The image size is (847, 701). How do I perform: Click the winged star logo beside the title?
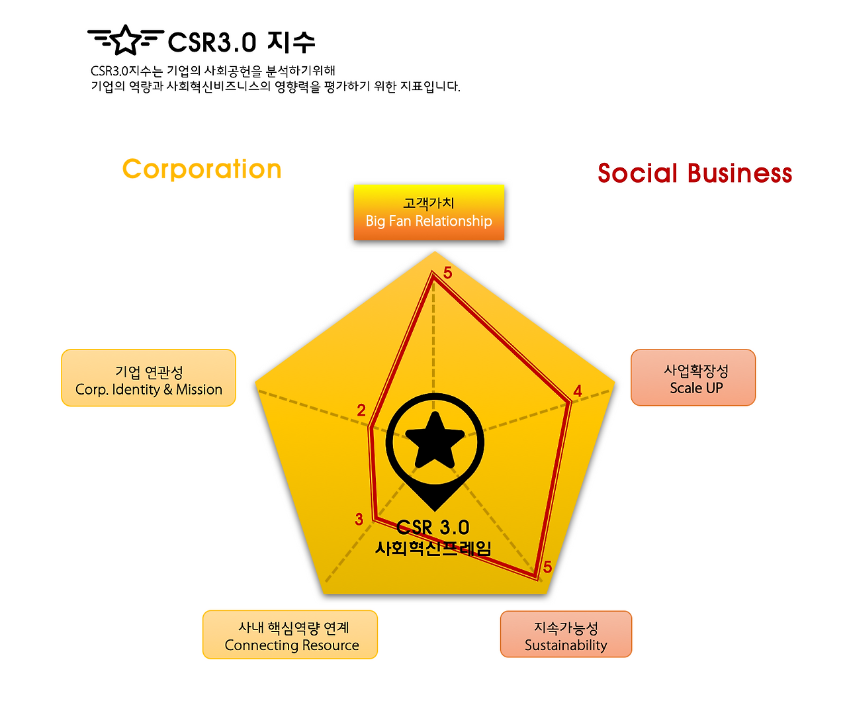tap(125, 40)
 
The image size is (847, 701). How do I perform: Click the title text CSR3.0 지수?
tap(242, 42)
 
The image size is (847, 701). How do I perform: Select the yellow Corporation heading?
tap(202, 169)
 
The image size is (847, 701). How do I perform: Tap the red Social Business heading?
tap(695, 173)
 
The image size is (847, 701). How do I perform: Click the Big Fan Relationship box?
tap(429, 212)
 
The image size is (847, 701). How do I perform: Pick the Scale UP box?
tap(693, 377)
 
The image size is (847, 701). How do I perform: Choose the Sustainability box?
tap(566, 634)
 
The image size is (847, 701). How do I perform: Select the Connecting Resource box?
tap(290, 635)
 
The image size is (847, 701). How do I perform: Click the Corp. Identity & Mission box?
tap(148, 378)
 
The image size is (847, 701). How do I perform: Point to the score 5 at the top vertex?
tap(448, 273)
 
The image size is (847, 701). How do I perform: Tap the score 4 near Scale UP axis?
tap(578, 391)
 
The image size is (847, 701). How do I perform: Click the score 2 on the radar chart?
tap(361, 410)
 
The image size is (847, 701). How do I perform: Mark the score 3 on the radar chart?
tap(359, 520)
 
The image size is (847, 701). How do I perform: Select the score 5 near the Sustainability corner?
tap(547, 567)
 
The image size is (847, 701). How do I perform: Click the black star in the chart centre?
tap(435, 440)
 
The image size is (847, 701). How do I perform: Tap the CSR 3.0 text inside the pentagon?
tap(433, 528)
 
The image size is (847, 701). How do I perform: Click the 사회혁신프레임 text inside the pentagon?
tap(433, 548)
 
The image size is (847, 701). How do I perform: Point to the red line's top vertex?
tap(433, 277)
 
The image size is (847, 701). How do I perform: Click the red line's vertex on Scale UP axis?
tap(570, 401)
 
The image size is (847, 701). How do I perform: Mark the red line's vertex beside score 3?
tap(375, 519)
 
